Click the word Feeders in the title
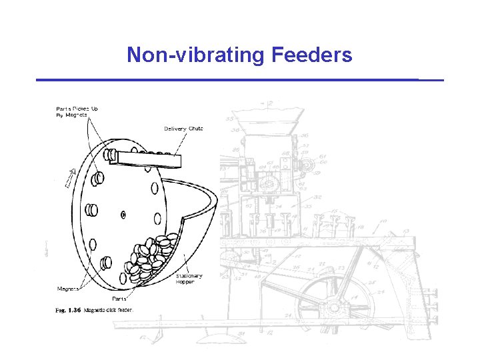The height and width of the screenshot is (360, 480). click(312, 55)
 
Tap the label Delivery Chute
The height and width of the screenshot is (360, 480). click(183, 129)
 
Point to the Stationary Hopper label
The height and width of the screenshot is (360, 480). click(189, 279)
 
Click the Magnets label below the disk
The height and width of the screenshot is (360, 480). click(68, 289)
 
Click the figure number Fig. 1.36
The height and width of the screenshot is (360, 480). click(67, 310)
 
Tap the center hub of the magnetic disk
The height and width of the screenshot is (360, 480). click(123, 214)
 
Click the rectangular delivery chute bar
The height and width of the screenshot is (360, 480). click(148, 159)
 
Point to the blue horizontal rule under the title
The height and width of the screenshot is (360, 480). click(239, 80)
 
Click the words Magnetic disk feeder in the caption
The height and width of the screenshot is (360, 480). click(108, 310)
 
